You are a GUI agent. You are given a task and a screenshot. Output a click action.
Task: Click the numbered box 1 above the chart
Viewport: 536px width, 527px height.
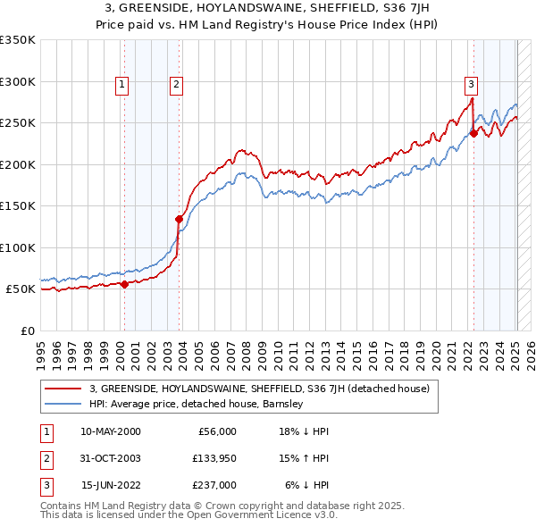[121, 85]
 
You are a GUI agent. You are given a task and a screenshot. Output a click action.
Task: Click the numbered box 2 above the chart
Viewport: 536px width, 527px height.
[177, 85]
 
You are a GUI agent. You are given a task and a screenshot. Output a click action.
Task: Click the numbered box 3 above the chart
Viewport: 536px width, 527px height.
[471, 85]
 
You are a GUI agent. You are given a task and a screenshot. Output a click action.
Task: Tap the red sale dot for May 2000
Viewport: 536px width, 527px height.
[124, 284]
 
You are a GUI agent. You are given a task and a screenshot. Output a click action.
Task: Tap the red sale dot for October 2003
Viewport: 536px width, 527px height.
[180, 219]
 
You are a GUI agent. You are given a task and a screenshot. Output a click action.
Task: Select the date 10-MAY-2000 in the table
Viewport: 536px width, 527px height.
[110, 431]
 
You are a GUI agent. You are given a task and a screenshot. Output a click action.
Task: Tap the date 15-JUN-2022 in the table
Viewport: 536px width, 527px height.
[110, 485]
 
